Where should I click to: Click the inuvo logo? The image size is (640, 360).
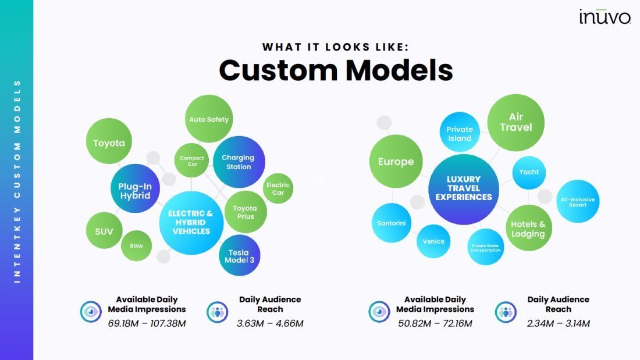(x=605, y=17)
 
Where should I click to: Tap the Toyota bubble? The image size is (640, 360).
(x=109, y=141)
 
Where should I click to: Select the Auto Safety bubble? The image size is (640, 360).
(x=209, y=119)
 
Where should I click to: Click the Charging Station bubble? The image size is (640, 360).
(x=239, y=162)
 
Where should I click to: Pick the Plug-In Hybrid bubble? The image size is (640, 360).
(x=135, y=188)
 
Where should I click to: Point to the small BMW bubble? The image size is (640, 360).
(x=136, y=245)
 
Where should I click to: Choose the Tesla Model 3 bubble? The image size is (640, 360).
(x=240, y=255)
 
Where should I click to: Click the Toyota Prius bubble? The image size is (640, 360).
(x=246, y=212)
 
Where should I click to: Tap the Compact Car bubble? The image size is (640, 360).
(x=192, y=161)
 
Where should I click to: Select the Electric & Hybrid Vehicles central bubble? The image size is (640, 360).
(x=191, y=223)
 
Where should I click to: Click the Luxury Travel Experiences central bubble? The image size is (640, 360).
(x=464, y=189)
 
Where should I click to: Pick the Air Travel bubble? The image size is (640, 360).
(x=516, y=123)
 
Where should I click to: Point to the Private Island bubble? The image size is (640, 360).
(x=460, y=132)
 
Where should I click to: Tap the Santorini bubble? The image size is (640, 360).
(x=392, y=223)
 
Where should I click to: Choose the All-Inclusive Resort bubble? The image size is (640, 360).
(x=578, y=202)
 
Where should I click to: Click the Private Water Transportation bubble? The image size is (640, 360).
(x=486, y=247)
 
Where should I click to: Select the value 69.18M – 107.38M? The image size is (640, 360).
(x=147, y=324)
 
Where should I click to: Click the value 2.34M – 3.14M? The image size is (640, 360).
(x=559, y=324)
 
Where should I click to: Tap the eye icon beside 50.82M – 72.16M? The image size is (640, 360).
(x=379, y=312)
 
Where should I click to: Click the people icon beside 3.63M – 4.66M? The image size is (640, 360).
(x=217, y=312)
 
